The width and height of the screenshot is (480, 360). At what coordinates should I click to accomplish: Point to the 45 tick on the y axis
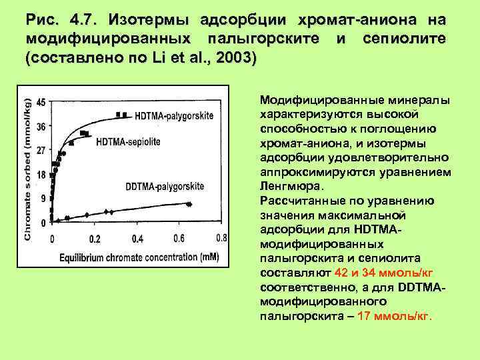(41, 103)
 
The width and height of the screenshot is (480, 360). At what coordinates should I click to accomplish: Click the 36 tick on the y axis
(41, 127)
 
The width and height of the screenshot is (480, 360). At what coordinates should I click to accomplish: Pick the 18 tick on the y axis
(41, 175)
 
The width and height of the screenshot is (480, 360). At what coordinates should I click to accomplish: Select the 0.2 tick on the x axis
(95, 239)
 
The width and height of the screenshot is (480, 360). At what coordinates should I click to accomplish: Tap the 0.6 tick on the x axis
(179, 238)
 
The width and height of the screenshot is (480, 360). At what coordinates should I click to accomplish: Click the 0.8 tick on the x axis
(221, 238)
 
